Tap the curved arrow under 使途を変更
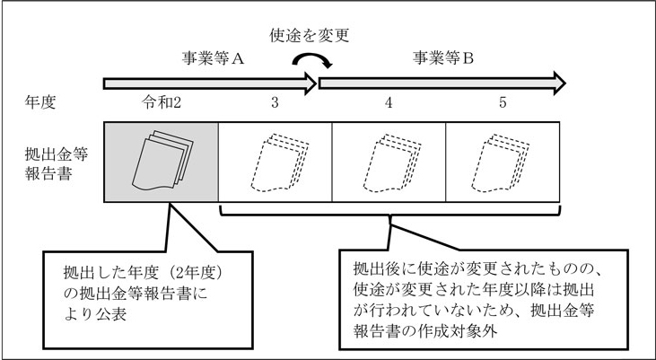tap(316, 60)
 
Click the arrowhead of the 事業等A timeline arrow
tap(310, 83)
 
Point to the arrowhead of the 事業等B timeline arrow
tap(557, 83)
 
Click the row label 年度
tap(42, 102)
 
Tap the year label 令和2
tap(163, 102)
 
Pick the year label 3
tap(276, 102)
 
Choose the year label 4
tap(389, 102)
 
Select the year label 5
tap(503, 102)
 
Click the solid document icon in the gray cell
tap(161, 159)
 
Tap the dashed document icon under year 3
tap(276, 162)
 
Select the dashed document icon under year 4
tap(389, 162)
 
